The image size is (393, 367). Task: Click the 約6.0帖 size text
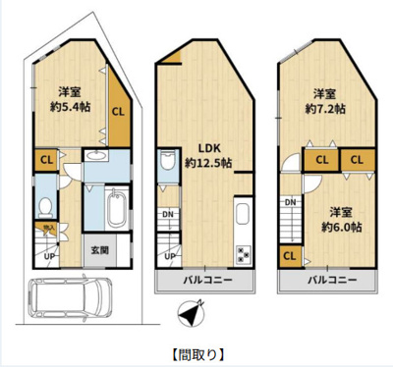pos(341,226)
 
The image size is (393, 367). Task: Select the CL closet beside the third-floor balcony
pos(291,256)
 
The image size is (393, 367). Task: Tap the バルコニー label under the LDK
pos(204,282)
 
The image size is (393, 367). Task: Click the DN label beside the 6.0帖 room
pos(291,202)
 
